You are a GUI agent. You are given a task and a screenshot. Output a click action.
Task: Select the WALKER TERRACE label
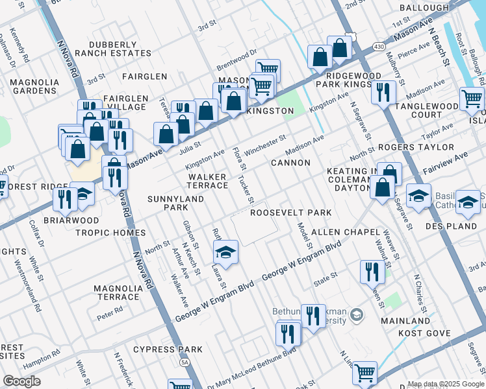[207, 181]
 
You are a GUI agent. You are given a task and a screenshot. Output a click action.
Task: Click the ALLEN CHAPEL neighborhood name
[344, 231]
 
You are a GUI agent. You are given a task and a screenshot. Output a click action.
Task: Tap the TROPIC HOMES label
[110, 233]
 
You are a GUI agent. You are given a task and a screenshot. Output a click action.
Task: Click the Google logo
[21, 381]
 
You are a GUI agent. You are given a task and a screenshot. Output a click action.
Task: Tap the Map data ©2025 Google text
[446, 384]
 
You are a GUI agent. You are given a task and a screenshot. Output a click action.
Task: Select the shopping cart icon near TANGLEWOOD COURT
[472, 99]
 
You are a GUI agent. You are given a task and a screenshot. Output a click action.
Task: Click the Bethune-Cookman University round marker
[355, 315]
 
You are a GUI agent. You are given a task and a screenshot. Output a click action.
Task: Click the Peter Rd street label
[109, 311]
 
